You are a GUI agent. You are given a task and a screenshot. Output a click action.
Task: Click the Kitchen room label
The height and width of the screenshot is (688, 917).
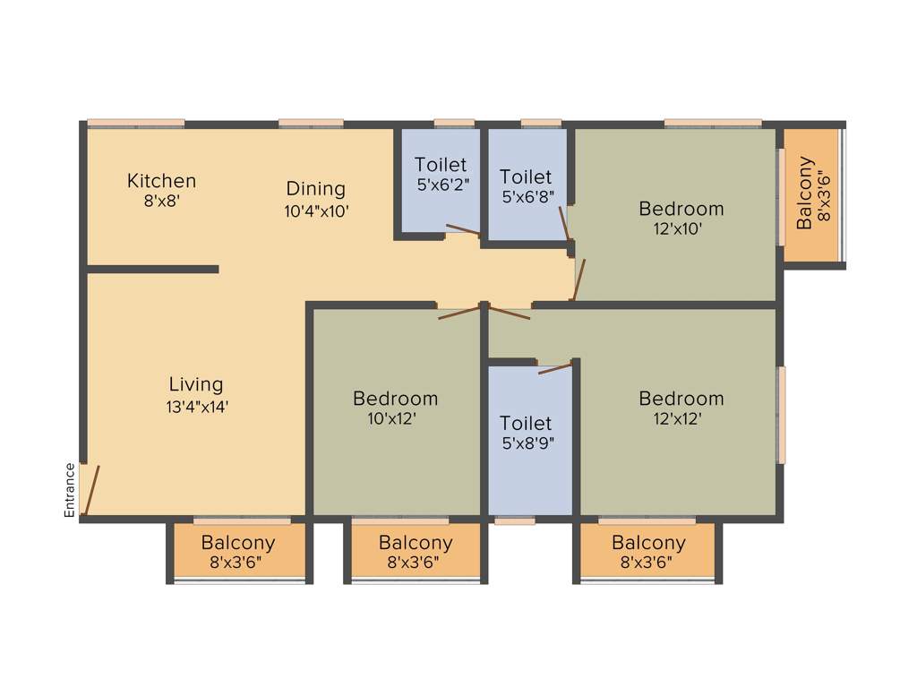(x=161, y=181)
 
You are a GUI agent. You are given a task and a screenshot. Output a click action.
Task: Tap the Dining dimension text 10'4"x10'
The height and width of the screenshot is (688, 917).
(x=315, y=211)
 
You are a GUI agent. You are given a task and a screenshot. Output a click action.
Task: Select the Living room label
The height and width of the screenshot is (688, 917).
(x=196, y=384)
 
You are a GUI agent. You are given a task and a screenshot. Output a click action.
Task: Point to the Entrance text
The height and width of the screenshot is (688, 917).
(x=69, y=490)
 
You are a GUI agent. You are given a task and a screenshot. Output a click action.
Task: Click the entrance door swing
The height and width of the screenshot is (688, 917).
(x=91, y=490)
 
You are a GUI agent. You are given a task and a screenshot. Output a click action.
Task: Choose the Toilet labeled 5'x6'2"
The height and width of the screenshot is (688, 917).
(x=441, y=165)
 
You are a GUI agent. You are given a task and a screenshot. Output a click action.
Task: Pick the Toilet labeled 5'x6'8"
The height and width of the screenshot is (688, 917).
(x=526, y=176)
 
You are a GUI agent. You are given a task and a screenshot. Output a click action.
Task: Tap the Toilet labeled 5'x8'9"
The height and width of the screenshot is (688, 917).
(x=526, y=423)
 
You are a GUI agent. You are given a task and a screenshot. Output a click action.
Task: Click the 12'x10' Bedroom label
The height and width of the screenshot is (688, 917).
(x=681, y=209)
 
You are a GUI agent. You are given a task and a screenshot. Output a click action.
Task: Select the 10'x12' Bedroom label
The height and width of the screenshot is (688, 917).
(x=395, y=399)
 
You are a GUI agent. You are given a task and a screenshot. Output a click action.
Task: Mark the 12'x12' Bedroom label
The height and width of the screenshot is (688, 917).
(x=681, y=399)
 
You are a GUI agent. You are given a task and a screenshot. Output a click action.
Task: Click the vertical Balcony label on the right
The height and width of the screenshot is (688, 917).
(x=805, y=193)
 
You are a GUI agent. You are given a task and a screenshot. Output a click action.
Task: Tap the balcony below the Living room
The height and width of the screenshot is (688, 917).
(x=238, y=552)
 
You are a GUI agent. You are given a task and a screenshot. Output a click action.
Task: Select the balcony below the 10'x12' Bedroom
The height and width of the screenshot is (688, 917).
(x=416, y=552)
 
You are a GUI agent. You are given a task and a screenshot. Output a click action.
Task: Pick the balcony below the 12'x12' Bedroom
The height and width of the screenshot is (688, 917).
(x=648, y=552)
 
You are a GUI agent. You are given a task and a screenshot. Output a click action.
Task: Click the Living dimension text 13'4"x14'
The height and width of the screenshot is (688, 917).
(x=196, y=406)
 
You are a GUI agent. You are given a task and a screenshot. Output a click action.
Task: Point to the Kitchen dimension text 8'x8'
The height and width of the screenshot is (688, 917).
(x=161, y=202)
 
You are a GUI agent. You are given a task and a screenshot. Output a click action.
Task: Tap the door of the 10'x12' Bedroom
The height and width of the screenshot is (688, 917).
(x=458, y=314)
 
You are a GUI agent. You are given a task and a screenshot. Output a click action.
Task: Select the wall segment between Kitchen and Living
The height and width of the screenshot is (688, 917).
(x=152, y=269)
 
